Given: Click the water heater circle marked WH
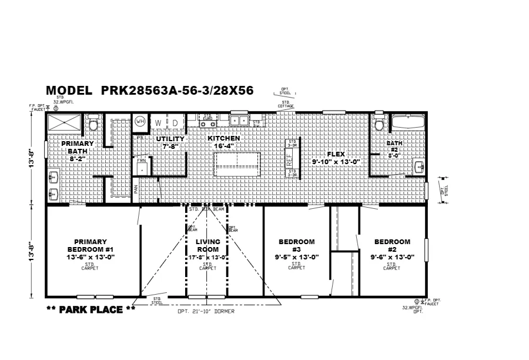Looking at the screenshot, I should point(140,121).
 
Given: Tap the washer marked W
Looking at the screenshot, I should point(158,122).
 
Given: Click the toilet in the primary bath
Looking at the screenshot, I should point(93,125).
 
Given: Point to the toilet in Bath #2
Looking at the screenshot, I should point(379,125).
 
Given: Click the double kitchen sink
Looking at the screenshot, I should point(239,121).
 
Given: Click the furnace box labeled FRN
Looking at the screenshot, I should point(142,167).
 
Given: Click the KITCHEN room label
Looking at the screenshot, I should point(223,138).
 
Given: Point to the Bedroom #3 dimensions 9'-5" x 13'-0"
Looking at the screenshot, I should point(296,257).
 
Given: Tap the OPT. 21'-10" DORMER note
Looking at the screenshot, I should point(206,311).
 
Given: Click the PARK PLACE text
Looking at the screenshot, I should point(91,309).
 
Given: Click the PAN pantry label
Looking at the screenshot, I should point(135,189).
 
